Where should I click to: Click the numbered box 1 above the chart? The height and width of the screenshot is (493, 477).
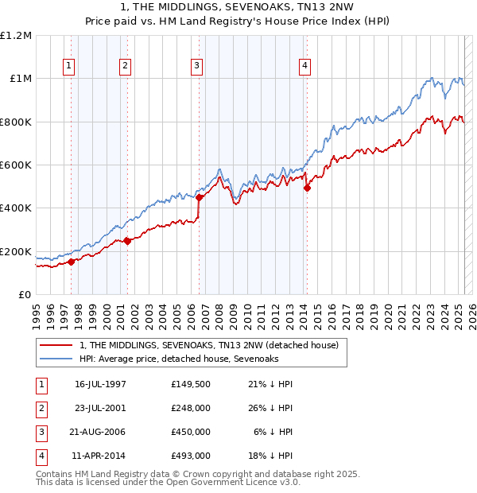pyautogui.click(x=70, y=66)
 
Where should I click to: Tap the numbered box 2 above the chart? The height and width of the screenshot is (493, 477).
pyautogui.click(x=126, y=66)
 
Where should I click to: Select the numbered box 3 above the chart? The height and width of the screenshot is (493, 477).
pyautogui.click(x=196, y=66)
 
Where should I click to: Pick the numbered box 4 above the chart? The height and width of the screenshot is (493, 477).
pyautogui.click(x=305, y=66)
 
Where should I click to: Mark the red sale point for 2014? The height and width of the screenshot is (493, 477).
pyautogui.click(x=307, y=188)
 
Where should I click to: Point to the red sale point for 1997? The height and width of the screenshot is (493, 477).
pyautogui.click(x=71, y=262)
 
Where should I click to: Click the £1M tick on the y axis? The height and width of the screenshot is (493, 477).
pyautogui.click(x=21, y=79)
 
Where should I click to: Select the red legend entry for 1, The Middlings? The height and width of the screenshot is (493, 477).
pyautogui.click(x=209, y=345)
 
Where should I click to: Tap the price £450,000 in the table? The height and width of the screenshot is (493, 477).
pyautogui.click(x=191, y=432)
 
